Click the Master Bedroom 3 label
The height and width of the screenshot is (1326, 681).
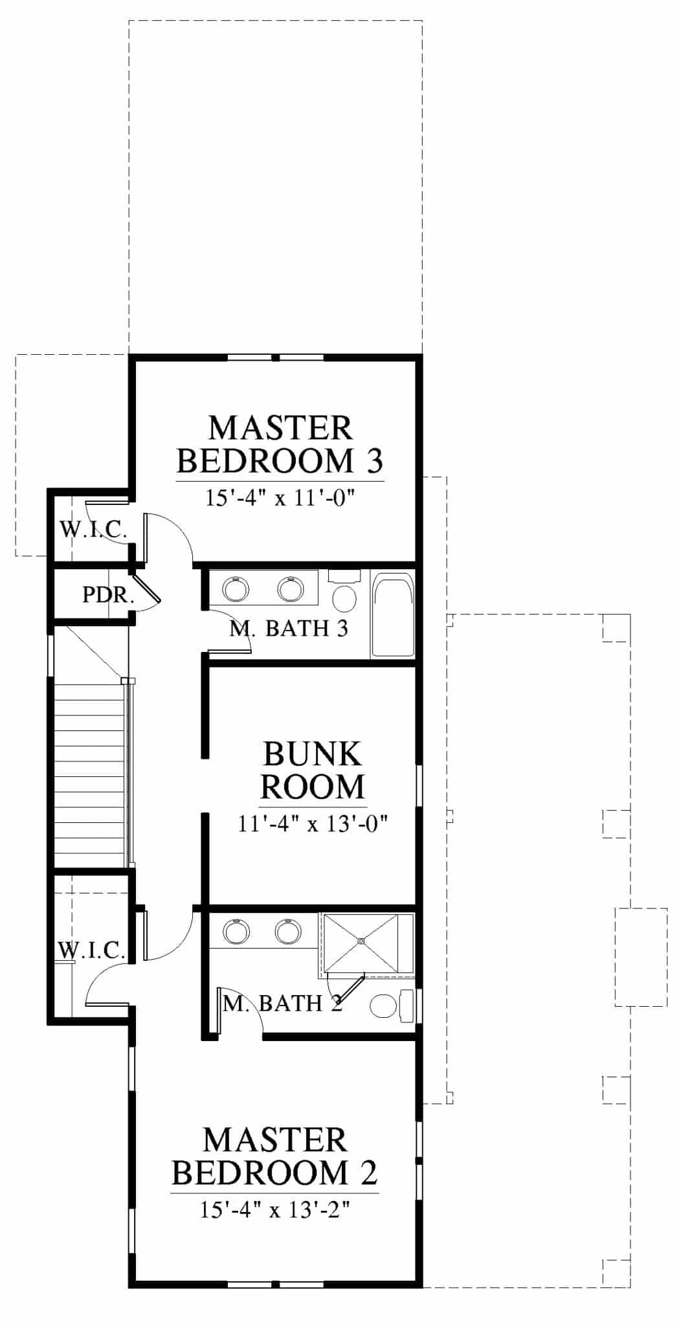[x=280, y=444]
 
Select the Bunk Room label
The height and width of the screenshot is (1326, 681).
[x=312, y=770]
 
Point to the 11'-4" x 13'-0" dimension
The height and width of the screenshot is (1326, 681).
[x=313, y=824]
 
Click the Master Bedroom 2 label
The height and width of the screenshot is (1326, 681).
[x=276, y=1156]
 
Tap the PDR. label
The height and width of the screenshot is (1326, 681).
[x=108, y=595]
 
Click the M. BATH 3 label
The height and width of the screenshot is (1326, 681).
[x=289, y=628]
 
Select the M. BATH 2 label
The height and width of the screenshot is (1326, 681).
[x=282, y=1004]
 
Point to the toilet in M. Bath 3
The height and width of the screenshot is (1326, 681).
[x=344, y=589]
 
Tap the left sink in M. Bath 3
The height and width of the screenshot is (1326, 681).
[x=235, y=589]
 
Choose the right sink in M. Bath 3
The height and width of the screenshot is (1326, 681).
[x=291, y=589]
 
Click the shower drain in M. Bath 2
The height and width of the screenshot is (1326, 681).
[x=362, y=942]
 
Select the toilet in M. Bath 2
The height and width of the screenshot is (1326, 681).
[x=392, y=1006]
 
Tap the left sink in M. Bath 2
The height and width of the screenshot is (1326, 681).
[x=236, y=931]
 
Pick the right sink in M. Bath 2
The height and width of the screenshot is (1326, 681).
[x=288, y=931]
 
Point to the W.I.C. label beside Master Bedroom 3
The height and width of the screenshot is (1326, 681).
[x=94, y=530]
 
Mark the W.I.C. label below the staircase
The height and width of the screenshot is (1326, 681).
[x=91, y=950]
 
